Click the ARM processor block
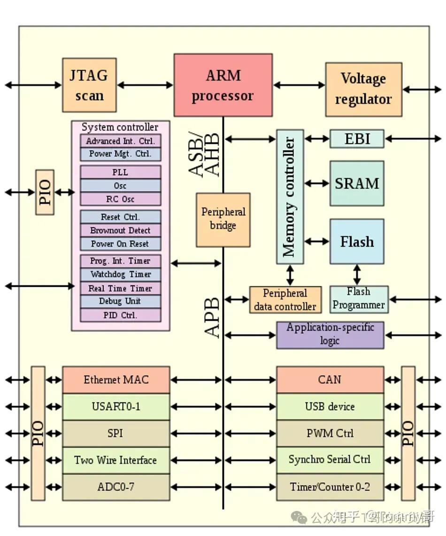point(223,85)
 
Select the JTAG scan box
point(89,85)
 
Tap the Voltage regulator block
point(363,89)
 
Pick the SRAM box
point(357,183)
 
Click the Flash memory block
point(357,242)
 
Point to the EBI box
point(357,139)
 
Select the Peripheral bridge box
point(223,219)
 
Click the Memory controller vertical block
point(290,197)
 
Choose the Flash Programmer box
point(359,299)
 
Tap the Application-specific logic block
point(330,335)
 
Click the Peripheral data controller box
point(285,300)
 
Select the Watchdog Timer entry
point(121,275)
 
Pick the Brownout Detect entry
point(121,230)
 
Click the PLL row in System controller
point(121,172)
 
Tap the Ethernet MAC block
point(116,379)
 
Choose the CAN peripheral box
point(330,379)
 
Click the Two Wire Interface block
point(116,460)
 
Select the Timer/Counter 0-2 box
point(330,487)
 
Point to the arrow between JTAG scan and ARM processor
point(145,85)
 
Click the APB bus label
point(213,317)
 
